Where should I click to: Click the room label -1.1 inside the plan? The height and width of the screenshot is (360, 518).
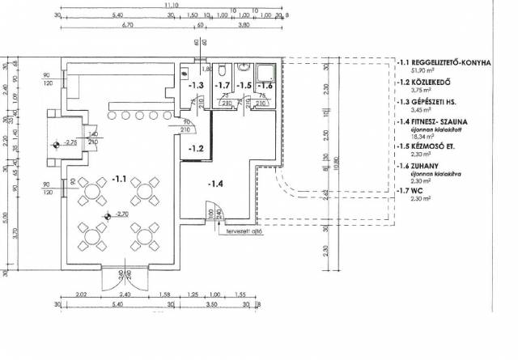point(119,178)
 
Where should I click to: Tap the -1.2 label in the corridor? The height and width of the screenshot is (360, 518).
point(196,149)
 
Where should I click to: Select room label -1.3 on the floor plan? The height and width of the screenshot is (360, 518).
point(196,85)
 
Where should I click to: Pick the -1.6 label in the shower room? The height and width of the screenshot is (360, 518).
point(264,85)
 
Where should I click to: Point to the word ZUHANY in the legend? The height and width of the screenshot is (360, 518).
point(426,165)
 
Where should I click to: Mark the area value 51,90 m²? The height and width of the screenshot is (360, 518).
point(425,71)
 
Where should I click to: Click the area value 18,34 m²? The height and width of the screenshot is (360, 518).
point(425,138)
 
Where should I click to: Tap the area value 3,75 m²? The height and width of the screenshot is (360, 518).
point(423,91)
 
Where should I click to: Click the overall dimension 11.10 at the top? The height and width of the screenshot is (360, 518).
point(171,5)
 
